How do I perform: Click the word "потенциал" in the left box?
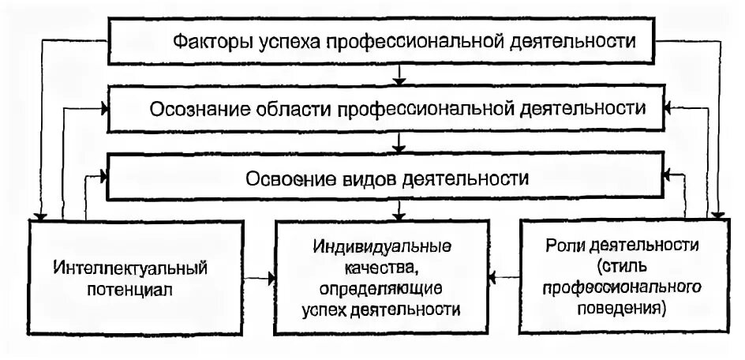coord(131,289)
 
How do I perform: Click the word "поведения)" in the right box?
coord(623,304)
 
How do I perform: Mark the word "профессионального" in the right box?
coord(623,283)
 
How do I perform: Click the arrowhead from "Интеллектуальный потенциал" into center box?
coord(270,277)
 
